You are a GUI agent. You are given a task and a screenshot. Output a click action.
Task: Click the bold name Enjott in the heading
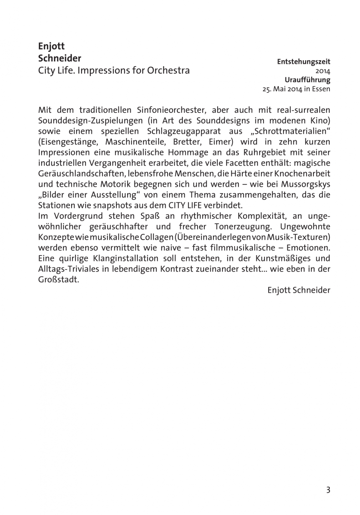coord(52,46)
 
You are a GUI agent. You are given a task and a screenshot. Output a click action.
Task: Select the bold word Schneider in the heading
coord(60,59)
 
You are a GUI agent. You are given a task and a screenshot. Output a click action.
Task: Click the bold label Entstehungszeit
coord(304,61)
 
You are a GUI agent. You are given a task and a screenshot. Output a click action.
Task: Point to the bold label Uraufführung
coord(308,80)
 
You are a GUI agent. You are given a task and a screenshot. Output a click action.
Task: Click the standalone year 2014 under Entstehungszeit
coord(323,71)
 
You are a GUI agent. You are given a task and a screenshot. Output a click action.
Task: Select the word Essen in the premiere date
coord(321,89)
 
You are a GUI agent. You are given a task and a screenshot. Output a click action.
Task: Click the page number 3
coord(328,490)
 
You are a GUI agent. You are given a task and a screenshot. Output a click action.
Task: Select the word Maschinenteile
coord(135,142)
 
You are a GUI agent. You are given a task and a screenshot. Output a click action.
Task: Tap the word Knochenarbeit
coord(302,173)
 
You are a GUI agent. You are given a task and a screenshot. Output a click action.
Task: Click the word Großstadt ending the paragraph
coord(58,279)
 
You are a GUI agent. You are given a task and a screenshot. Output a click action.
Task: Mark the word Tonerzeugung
coord(241,227)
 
